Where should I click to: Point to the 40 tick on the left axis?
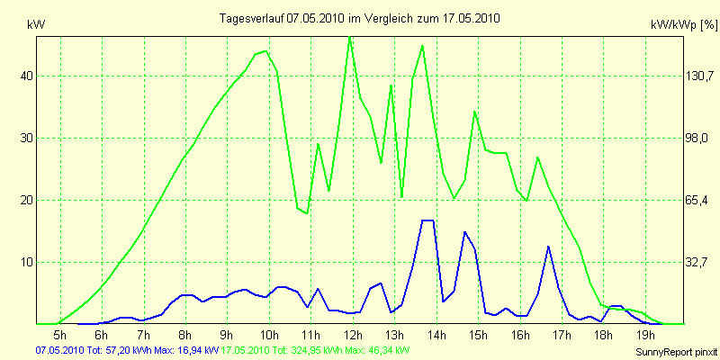pos(27,76)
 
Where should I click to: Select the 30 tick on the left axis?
pos(27,138)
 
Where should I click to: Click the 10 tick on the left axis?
pos(27,262)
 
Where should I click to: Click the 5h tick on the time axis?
pos(60,335)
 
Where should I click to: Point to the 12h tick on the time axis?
pos(353,335)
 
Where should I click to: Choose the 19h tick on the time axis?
pos(644,335)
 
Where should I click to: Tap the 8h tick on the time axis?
pos(185,335)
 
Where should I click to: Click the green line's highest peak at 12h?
pos(350,38)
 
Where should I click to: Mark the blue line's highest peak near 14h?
pos(427,220)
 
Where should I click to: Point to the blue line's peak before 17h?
pos(548,247)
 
